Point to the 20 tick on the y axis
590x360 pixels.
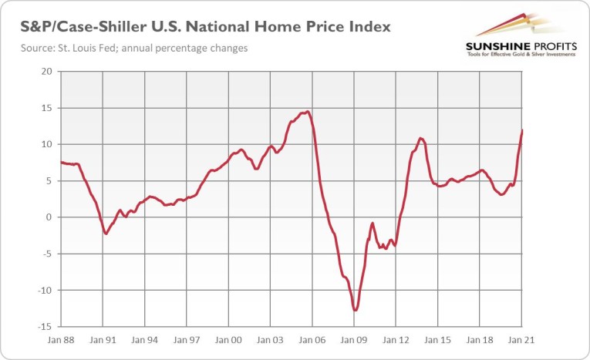[x=46, y=72]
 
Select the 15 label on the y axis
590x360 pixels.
[x=46, y=108]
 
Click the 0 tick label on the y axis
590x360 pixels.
[x=49, y=217]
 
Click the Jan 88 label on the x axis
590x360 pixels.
[x=60, y=339]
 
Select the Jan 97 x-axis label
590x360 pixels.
[x=188, y=339]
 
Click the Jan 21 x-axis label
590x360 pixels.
[x=522, y=339]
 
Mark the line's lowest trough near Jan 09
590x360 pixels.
[x=355, y=311]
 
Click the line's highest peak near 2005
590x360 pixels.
[x=308, y=112]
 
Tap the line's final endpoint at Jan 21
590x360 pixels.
[x=522, y=130]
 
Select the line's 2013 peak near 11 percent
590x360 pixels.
[x=420, y=139]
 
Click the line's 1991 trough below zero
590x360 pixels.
[x=106, y=233]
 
